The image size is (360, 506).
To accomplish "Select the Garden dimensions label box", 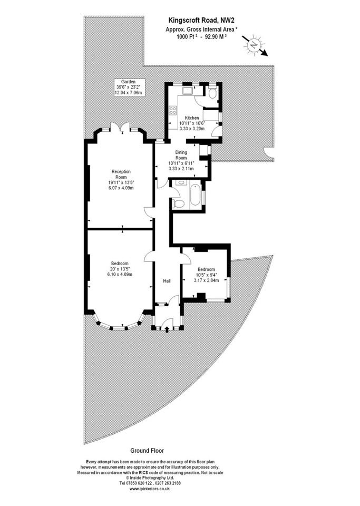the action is click(129, 87).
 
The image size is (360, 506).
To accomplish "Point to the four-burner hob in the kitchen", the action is click(173, 111).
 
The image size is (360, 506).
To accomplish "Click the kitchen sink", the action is click(187, 90).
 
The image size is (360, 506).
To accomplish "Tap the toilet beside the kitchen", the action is click(212, 93).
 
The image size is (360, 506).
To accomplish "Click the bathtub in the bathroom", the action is click(195, 194).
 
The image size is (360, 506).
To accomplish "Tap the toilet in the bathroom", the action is click(178, 203).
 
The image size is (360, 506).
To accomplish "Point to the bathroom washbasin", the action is click(181, 183).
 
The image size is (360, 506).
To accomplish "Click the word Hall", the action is click(167, 281).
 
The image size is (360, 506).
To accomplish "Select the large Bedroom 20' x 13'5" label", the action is click(120, 269).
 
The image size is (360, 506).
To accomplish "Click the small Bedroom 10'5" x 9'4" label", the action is click(206, 275).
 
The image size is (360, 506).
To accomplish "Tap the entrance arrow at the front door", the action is click(167, 329).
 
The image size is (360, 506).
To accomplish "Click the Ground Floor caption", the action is click(147, 451).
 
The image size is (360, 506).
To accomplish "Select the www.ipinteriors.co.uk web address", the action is click(150, 489).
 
